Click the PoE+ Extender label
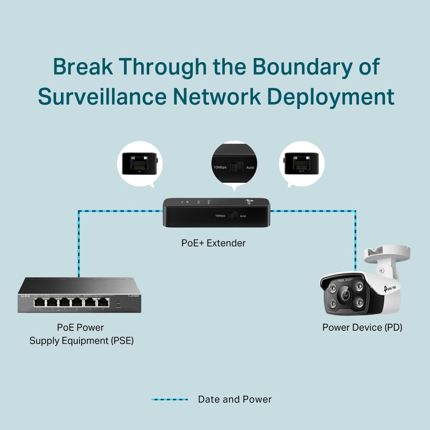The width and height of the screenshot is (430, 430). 213,243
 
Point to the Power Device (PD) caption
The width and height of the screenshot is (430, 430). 362,327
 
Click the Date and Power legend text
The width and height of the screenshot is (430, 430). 235,399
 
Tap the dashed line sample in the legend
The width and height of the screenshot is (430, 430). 169,399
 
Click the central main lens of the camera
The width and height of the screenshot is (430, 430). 344,295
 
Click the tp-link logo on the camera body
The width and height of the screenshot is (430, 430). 390,287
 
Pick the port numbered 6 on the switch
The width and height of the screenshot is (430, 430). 103,303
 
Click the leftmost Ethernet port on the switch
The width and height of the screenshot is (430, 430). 40,303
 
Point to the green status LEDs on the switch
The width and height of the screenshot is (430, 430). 118,304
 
